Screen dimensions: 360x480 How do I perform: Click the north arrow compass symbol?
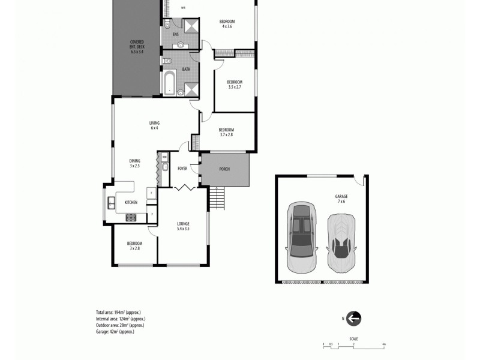click(353, 319)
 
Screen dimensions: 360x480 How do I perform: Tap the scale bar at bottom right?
click(353, 344)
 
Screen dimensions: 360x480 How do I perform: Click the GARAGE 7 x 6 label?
click(341, 199)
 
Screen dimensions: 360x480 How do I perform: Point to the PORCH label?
click(224, 169)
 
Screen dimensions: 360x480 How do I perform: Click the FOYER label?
click(182, 169)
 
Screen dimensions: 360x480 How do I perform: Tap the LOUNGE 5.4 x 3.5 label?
click(183, 226)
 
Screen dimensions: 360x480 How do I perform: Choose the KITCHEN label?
click(131, 203)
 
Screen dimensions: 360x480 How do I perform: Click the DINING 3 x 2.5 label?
click(135, 163)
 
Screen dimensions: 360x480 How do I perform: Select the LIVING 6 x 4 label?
click(154, 125)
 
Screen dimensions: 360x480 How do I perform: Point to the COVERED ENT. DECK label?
click(137, 47)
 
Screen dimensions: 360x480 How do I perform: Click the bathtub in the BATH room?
click(169, 83)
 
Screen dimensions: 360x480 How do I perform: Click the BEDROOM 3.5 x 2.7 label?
click(235, 85)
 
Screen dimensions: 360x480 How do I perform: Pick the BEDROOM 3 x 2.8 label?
click(134, 245)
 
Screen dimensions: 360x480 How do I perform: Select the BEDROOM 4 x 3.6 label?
click(227, 24)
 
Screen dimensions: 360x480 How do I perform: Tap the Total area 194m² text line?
click(118, 313)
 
